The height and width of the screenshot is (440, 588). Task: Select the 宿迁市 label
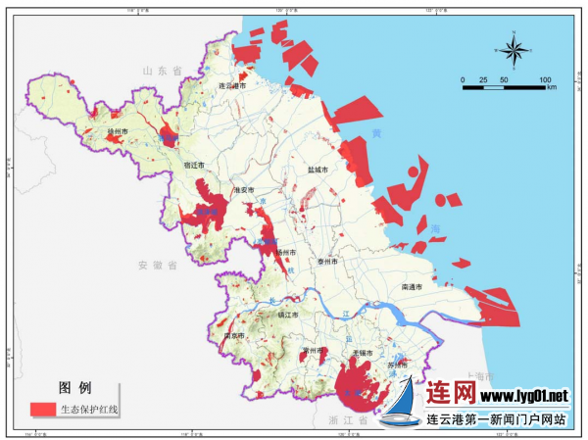194,166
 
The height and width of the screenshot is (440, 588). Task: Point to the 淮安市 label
243,190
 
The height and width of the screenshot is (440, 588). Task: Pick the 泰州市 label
328,263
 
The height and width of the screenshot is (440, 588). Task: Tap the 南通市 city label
413,287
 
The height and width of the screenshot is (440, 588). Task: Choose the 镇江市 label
288,315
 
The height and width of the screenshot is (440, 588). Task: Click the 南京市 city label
235,335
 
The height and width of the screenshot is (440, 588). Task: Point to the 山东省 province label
164,72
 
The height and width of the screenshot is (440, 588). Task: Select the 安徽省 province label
157,266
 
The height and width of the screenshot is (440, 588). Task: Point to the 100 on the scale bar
545,79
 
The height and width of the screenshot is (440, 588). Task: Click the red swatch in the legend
42,409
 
